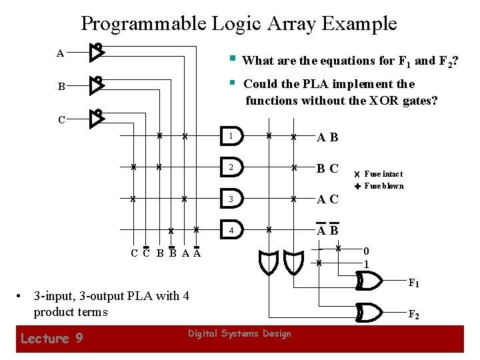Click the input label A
(x=61, y=53)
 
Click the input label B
(x=61, y=87)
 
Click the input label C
(x=61, y=120)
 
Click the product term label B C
(x=327, y=169)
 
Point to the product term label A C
(x=327, y=199)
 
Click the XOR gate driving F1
(x=369, y=282)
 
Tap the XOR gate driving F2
(x=369, y=311)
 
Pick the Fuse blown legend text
(x=383, y=186)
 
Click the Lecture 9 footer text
(x=52, y=339)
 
